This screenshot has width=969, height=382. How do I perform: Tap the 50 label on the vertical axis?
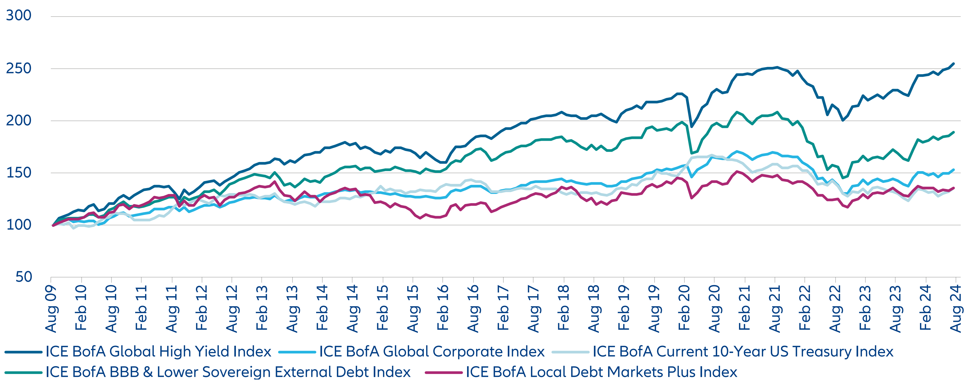click(x=24, y=277)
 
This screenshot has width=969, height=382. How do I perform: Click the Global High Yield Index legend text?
click(x=158, y=352)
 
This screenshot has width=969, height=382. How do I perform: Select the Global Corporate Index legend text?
click(x=432, y=352)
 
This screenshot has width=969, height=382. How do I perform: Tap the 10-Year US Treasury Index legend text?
click(x=743, y=352)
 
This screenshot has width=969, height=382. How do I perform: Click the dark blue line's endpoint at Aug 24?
click(x=953, y=64)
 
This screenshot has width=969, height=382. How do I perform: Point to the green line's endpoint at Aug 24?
click(x=953, y=132)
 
